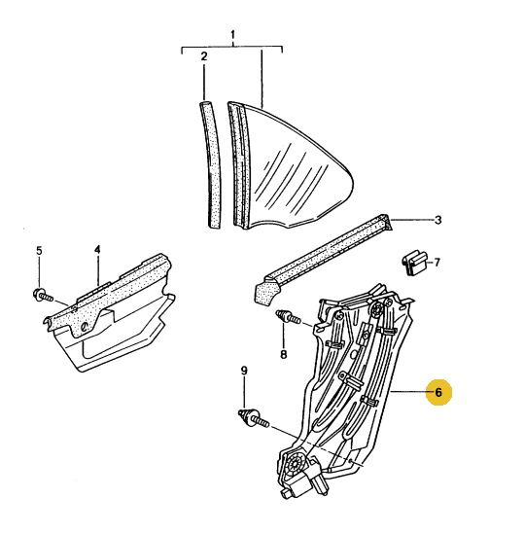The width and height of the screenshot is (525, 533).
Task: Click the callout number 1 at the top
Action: pyautogui.click(x=232, y=35)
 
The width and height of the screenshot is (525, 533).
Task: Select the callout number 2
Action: pyautogui.click(x=204, y=56)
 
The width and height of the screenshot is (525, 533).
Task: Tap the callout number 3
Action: pyautogui.click(x=438, y=220)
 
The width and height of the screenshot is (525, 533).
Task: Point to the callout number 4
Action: pyautogui.click(x=97, y=250)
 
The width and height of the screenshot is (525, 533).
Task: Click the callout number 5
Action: pyautogui.click(x=39, y=251)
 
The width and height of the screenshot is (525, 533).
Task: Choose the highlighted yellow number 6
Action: pyautogui.click(x=438, y=392)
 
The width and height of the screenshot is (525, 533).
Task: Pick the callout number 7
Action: pyautogui.click(x=437, y=262)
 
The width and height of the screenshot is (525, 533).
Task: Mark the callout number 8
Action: pyautogui.click(x=283, y=355)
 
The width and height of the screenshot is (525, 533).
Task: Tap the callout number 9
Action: pyautogui.click(x=244, y=371)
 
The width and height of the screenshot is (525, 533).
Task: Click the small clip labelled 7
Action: pyautogui.click(x=414, y=263)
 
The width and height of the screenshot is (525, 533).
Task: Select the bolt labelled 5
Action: pyautogui.click(x=44, y=295)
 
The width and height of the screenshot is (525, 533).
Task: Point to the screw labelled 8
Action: pyautogui.click(x=288, y=316)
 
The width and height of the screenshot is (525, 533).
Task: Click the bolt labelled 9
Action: pyautogui.click(x=254, y=418)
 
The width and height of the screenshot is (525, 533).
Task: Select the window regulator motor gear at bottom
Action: pyautogui.click(x=293, y=463)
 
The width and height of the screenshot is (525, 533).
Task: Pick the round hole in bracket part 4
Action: pyautogui.click(x=84, y=327)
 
